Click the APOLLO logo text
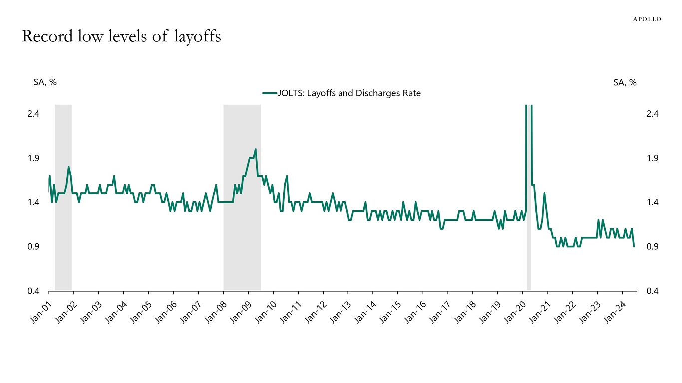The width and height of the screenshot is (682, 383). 647,19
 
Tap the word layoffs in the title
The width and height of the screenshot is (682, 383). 197,37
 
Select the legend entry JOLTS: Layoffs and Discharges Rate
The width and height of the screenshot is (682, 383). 342,93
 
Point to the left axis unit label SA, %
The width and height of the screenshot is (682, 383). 45,82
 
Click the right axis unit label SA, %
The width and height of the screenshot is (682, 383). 625,82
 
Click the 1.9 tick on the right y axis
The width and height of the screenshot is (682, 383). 652,158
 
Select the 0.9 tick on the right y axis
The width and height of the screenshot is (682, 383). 652,247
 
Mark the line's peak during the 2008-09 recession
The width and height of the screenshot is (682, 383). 255,149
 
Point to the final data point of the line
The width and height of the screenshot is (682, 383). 634,246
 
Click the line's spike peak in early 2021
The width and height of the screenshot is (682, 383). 544,193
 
